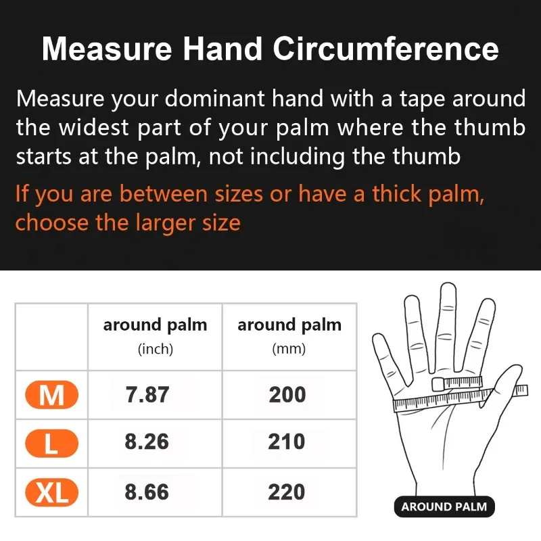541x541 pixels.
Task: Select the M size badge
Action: pyautogui.click(x=51, y=395)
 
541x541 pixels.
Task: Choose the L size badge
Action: pyautogui.click(x=51, y=443)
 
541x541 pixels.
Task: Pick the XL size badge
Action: pyautogui.click(x=51, y=492)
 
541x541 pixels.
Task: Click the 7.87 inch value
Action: pyautogui.click(x=147, y=395)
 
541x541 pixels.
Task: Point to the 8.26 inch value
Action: pyautogui.click(x=147, y=442)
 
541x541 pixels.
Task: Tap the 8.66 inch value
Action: pyautogui.click(x=147, y=492)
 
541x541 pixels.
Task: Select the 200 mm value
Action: pyautogui.click(x=287, y=395)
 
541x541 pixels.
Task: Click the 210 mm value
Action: pyautogui.click(x=287, y=442)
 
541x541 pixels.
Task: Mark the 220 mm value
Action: pyautogui.click(x=287, y=492)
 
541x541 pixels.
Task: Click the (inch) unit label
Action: pyautogui.click(x=156, y=350)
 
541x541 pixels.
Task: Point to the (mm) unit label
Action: pyautogui.click(x=289, y=350)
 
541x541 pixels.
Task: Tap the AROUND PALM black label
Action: pyautogui.click(x=444, y=507)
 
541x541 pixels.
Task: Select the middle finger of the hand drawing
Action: pyautogui.click(x=447, y=318)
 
